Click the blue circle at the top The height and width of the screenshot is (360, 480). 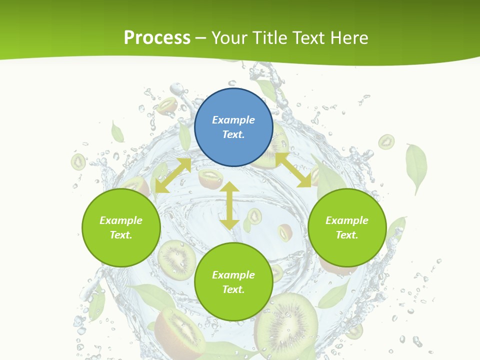click(x=233, y=127)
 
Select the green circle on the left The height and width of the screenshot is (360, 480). click(x=121, y=227)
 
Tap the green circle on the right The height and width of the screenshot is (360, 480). click(x=347, y=227)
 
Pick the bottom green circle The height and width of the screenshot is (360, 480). click(x=233, y=282)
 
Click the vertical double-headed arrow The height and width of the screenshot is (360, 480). click(x=229, y=205)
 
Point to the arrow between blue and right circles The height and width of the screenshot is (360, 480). click(x=293, y=170)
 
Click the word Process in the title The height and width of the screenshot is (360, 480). click(x=157, y=37)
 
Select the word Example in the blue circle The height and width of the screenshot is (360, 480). click(x=233, y=120)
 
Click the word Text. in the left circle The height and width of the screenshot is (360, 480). click(x=121, y=235)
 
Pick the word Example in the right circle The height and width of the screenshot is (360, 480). click(x=347, y=220)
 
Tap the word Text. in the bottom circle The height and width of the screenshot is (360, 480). click(x=233, y=289)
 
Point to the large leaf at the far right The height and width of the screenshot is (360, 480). click(x=416, y=166)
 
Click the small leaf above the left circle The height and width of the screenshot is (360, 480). click(x=117, y=132)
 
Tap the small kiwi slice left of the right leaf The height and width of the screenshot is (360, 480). click(x=386, y=142)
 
